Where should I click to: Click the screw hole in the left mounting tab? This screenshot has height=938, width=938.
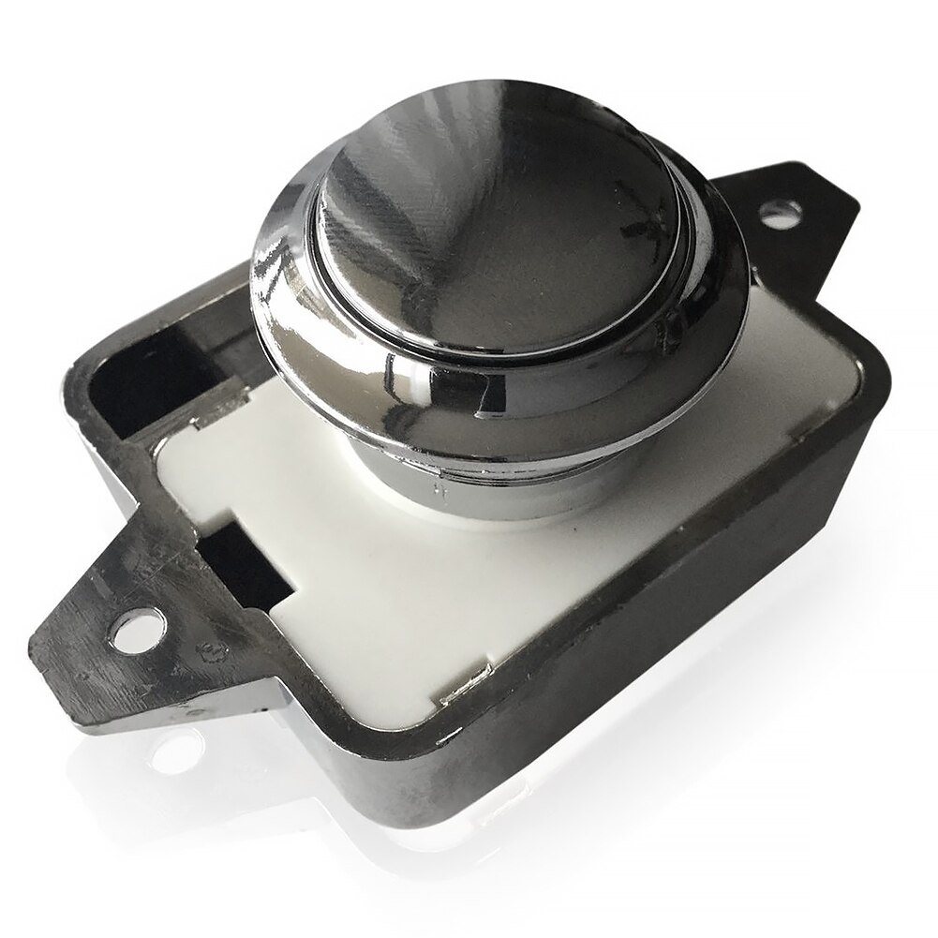click(137, 626)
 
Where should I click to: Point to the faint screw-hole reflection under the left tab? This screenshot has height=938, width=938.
click(178, 750)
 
